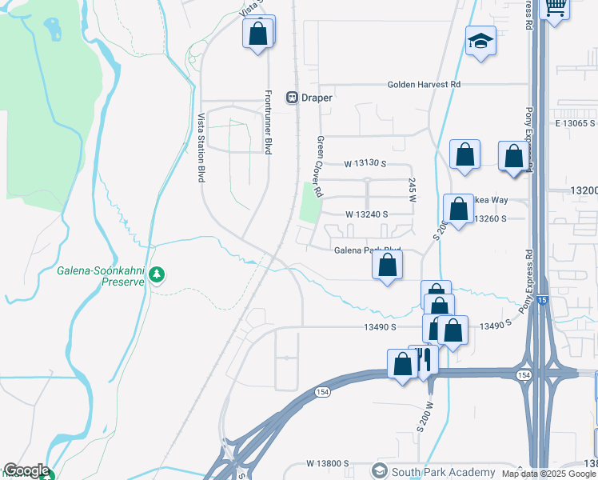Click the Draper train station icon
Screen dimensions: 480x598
point(292,98)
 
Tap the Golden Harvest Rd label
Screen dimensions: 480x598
point(424,84)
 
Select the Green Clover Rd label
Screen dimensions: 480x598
point(319,166)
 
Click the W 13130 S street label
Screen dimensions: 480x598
point(365,164)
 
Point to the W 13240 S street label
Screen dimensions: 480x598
point(367,214)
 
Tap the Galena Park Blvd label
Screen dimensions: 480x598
point(366,250)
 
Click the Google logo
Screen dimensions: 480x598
point(26,470)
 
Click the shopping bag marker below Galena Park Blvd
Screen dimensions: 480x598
point(387,266)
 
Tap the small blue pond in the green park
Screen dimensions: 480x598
point(54,30)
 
